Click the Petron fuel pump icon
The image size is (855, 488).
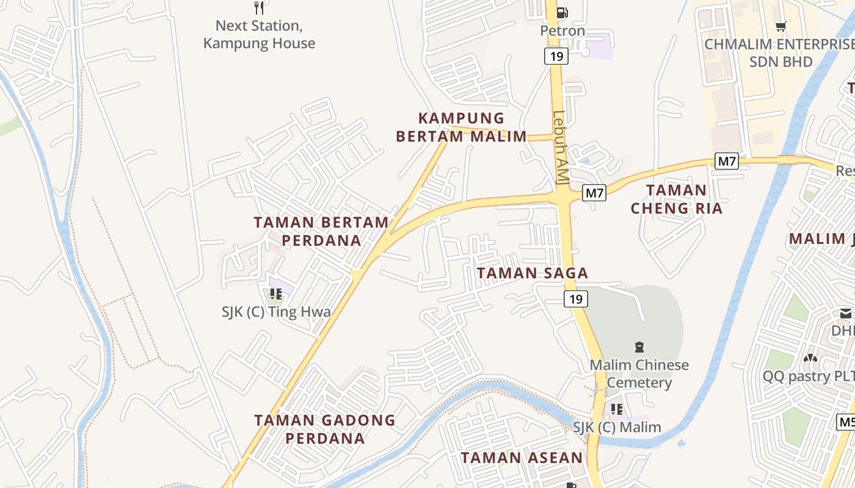(x=562, y=12)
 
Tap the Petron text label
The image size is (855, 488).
(x=562, y=30)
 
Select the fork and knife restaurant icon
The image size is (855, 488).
(x=259, y=8)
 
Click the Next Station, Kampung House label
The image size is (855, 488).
(x=259, y=35)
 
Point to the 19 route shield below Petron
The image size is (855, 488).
(x=556, y=57)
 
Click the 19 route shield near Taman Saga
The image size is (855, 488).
(x=575, y=298)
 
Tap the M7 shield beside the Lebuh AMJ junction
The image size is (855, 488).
(x=594, y=193)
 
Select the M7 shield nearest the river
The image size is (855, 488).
(x=727, y=162)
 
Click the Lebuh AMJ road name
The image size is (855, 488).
(x=559, y=146)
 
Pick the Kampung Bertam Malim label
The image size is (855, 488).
(x=461, y=127)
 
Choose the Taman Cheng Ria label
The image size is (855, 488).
(x=676, y=199)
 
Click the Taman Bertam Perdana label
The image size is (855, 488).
(x=321, y=231)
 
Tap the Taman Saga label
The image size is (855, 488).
(x=532, y=273)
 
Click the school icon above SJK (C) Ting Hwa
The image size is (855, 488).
(x=275, y=294)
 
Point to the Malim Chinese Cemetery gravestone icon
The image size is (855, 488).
(x=639, y=347)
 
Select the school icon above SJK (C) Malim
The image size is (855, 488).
(x=617, y=409)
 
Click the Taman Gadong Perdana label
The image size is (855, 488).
(x=325, y=429)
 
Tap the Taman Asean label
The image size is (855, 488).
(x=522, y=457)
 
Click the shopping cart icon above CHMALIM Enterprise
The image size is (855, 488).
(x=780, y=26)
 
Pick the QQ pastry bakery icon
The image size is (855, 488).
(x=810, y=358)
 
